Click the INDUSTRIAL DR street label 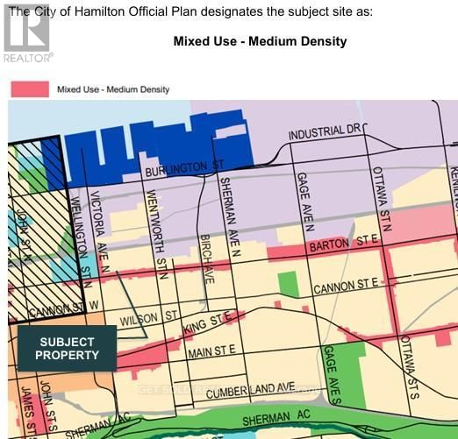click(324, 132)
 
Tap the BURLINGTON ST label click(181, 166)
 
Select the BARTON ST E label click(341, 243)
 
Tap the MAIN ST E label click(211, 351)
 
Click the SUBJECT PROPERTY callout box click(67, 349)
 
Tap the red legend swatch click(29, 89)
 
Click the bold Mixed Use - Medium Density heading click(260, 41)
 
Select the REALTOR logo click(26, 33)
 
